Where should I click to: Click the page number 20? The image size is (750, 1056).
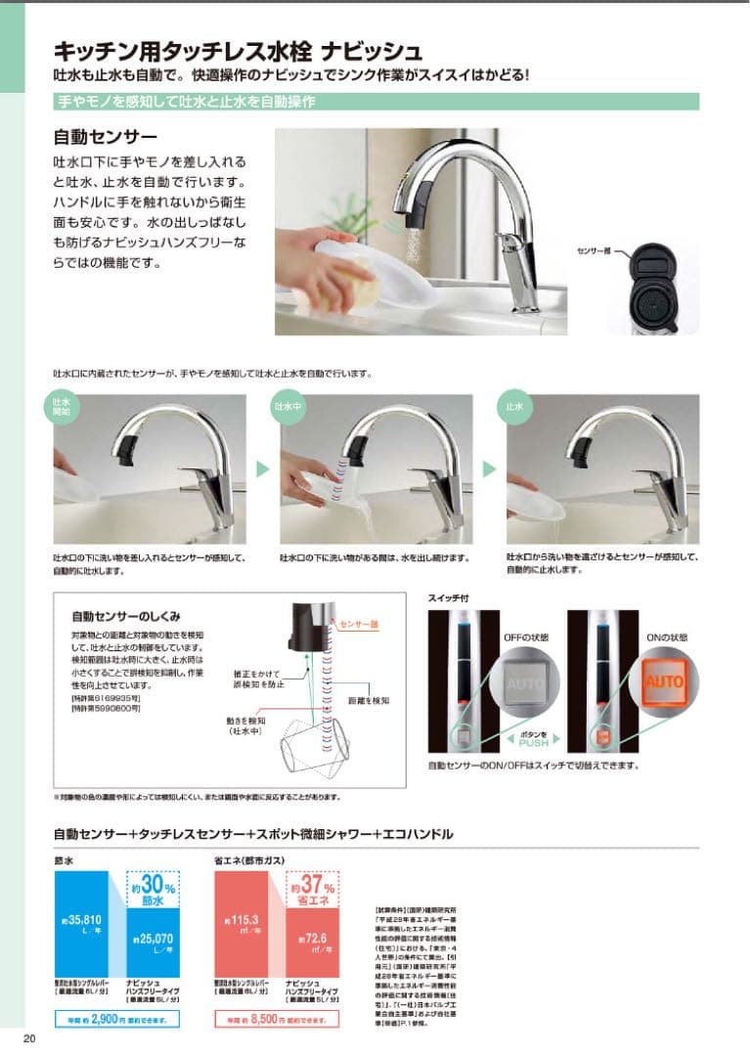pos(28,1038)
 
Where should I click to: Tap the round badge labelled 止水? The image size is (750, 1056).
pos(515,404)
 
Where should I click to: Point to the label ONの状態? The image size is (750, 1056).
pos(665,637)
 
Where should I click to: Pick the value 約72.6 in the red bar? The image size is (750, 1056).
pos(313,941)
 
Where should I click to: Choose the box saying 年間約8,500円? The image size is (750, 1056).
pos(277,1019)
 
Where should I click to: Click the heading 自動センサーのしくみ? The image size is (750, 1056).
pos(125,617)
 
